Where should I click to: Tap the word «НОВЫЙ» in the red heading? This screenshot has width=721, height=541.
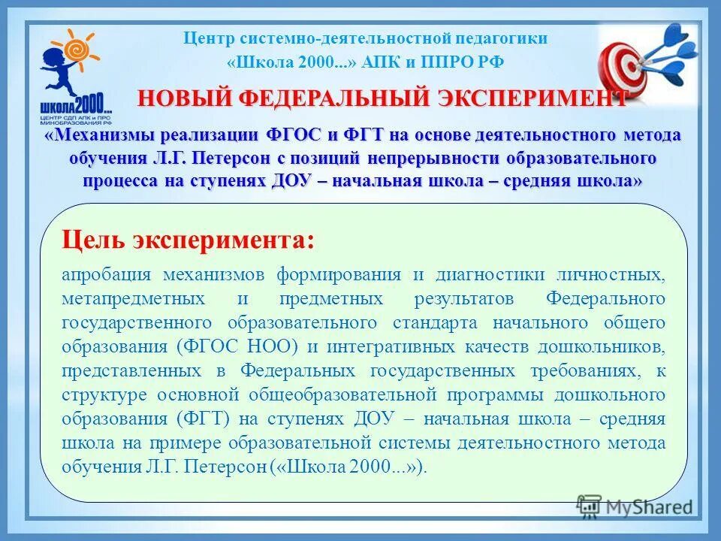[180, 98]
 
